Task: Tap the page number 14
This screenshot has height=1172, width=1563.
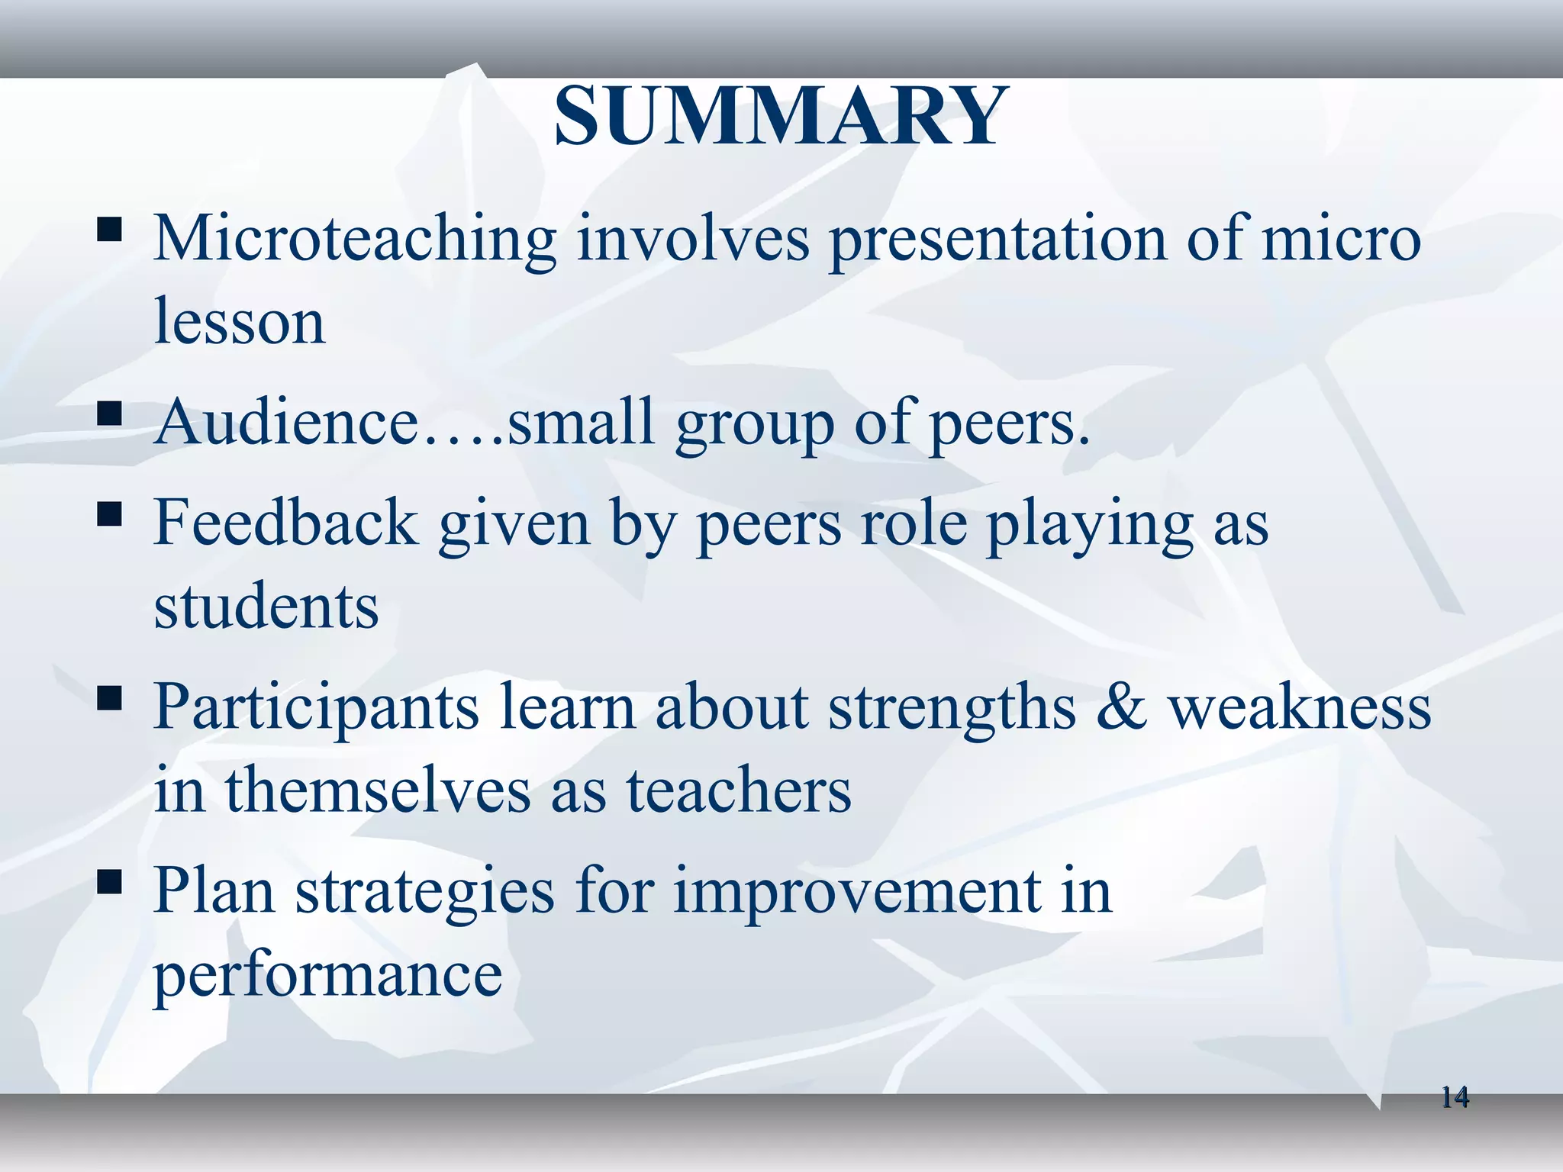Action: [1455, 1097]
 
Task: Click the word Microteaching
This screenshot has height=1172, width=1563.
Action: [355, 238]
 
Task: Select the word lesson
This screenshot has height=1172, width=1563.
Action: [240, 322]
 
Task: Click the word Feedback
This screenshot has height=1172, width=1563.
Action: [286, 523]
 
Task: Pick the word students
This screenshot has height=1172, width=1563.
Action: [266, 606]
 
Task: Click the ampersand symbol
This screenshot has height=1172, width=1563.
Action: [1121, 707]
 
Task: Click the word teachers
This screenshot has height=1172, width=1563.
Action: [739, 790]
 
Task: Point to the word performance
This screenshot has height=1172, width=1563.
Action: [328, 975]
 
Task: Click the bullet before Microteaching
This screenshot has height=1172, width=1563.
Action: [110, 229]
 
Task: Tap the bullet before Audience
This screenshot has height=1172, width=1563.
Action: [110, 413]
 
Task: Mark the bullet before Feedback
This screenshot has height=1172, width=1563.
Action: [110, 514]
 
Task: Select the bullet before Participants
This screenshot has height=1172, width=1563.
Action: [110, 698]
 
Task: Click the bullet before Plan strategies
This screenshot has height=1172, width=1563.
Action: [110, 882]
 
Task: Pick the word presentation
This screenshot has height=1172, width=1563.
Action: [998, 240]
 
